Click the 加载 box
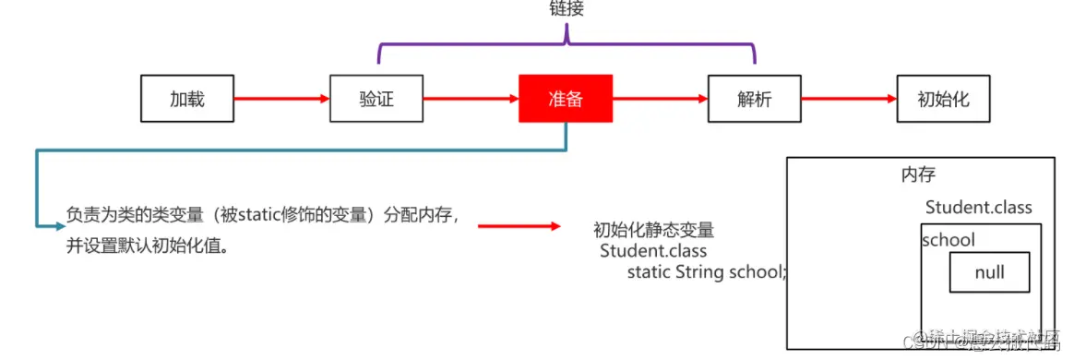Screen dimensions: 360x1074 186,99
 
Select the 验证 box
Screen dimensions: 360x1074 376,99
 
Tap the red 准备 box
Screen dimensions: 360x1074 565,99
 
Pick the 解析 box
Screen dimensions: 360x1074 754,99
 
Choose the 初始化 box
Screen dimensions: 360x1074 943,99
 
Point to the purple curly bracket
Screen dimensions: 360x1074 566,42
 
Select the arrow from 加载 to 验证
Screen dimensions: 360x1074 280,99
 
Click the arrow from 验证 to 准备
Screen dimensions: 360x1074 470,99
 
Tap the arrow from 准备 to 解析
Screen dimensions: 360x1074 659,99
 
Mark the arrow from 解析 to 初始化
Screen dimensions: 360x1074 848,99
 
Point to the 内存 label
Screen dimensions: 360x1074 917,174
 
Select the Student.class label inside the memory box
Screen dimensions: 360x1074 978,208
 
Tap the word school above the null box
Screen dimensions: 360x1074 949,240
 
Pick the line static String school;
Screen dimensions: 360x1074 707,272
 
